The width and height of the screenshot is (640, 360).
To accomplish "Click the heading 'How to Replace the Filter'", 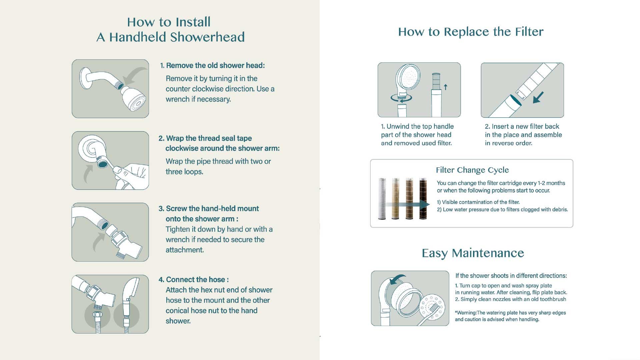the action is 471,32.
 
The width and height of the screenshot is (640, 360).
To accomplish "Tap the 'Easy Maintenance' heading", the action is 473,253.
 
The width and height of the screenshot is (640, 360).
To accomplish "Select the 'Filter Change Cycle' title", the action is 472,170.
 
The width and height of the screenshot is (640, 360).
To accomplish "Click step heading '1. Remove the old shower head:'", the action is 212,65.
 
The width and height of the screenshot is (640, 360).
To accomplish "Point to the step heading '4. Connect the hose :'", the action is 194,279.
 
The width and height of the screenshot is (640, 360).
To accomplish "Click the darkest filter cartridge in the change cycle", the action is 423,199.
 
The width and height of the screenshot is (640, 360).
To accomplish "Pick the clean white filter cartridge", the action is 382,199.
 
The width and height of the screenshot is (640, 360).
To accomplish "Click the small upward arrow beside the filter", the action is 445,87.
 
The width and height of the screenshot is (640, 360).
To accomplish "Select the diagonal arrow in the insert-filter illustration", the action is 538,97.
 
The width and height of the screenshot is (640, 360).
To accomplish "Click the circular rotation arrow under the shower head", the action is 401,98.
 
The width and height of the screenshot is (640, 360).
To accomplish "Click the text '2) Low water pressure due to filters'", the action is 482,209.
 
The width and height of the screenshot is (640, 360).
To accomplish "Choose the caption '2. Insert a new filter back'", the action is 522,126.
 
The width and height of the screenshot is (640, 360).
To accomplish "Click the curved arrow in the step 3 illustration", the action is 98,242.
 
